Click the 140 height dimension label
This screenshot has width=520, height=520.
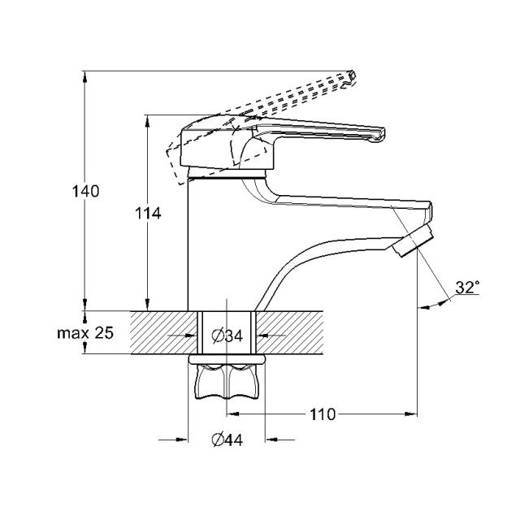(x=85, y=192)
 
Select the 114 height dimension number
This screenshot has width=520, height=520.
(x=148, y=214)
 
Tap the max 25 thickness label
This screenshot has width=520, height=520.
(x=85, y=332)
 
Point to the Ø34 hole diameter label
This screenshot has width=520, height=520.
(x=227, y=336)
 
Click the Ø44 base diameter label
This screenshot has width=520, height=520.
(x=227, y=440)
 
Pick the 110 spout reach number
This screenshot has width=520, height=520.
(x=323, y=414)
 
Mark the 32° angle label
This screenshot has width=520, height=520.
(x=468, y=287)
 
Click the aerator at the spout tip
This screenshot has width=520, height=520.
(x=413, y=240)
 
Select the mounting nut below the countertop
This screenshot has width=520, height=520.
(x=227, y=381)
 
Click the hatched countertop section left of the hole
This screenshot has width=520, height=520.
(x=164, y=332)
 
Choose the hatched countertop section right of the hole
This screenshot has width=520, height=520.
(x=289, y=332)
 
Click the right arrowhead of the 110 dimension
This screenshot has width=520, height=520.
(x=412, y=414)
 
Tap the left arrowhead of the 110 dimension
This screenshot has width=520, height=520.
(x=232, y=414)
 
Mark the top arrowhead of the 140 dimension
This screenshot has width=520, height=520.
(x=85, y=76)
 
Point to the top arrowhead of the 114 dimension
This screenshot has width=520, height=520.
(x=148, y=121)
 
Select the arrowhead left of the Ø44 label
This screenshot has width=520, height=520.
(x=182, y=440)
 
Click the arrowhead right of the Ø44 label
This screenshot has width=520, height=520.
(x=271, y=440)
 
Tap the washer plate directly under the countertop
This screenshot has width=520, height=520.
(x=227, y=359)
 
